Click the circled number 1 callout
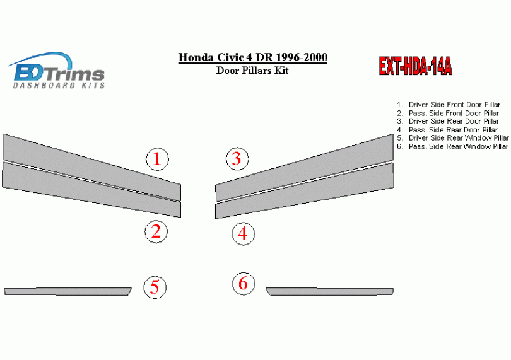pos(157,159)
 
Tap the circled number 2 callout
pos(156,231)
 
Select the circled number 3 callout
pos(237,159)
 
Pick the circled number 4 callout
pos(243,234)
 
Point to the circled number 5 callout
pos(155,287)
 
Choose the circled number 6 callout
pos(244,284)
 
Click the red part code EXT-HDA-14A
pos(416,66)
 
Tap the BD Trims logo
pos(56,70)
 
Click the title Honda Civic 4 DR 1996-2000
pos(252,57)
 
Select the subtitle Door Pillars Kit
pos(252,71)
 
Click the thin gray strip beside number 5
pos(68,291)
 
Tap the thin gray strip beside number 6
pos(330,291)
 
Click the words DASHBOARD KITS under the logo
pos(59,85)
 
